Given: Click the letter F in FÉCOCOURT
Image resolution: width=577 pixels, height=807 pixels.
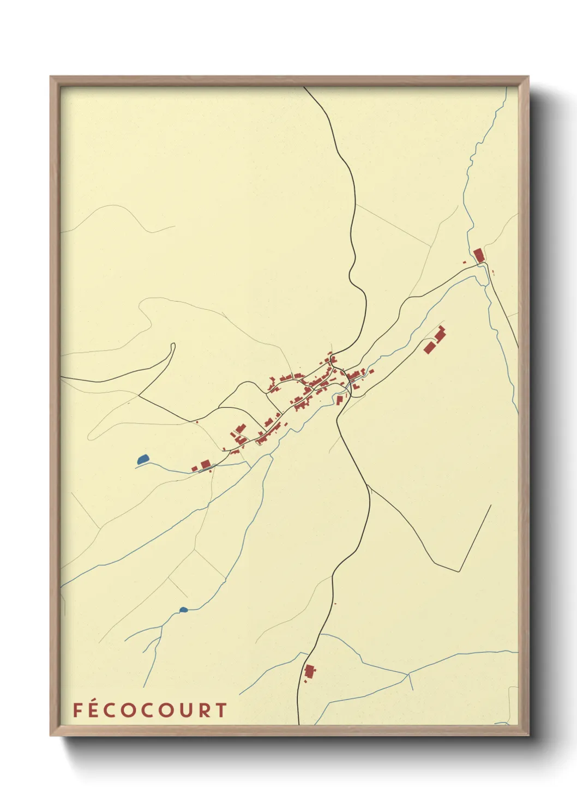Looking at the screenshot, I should pos(77,710).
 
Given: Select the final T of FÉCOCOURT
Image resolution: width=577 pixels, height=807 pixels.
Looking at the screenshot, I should pos(220,710).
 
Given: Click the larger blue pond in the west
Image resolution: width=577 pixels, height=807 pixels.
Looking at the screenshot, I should pos(143,460).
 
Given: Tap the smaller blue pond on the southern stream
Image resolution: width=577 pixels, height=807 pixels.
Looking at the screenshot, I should pos(183,610).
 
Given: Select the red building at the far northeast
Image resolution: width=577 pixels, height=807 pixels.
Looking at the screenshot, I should pos(479,255).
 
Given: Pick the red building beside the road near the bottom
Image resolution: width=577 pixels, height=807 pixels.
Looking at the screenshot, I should pos(309,671).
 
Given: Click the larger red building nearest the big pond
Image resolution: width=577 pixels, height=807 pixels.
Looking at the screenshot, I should pos(205,464).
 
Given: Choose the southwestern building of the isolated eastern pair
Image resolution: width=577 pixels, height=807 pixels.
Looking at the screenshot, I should pos(429,347).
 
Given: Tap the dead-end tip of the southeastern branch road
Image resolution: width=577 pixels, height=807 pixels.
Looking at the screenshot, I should pos(491,505).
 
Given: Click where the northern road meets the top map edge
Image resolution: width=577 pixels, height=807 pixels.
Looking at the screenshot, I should pos(305,87).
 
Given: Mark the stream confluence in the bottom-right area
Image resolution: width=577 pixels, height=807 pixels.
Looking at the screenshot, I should pos(408,674).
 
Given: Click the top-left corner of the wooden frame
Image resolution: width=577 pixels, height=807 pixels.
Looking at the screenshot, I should pos(51,77).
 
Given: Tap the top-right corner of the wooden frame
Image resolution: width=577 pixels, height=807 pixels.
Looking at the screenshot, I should pos(529,77).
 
